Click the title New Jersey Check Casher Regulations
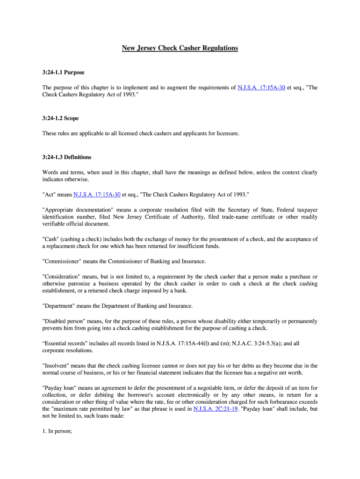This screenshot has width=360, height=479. pos(180,48)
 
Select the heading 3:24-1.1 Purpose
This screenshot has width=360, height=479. pos(64,73)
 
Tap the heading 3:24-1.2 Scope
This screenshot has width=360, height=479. pos(60,118)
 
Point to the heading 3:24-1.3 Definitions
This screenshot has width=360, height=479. pos(67,157)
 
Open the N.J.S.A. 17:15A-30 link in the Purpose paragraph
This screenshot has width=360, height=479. pos(261,87)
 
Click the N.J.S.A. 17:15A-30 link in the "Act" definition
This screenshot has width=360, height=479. pos(97,194)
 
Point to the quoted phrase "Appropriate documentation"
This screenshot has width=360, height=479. pos(78,210)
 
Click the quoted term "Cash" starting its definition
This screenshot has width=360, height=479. pos(50,239)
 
